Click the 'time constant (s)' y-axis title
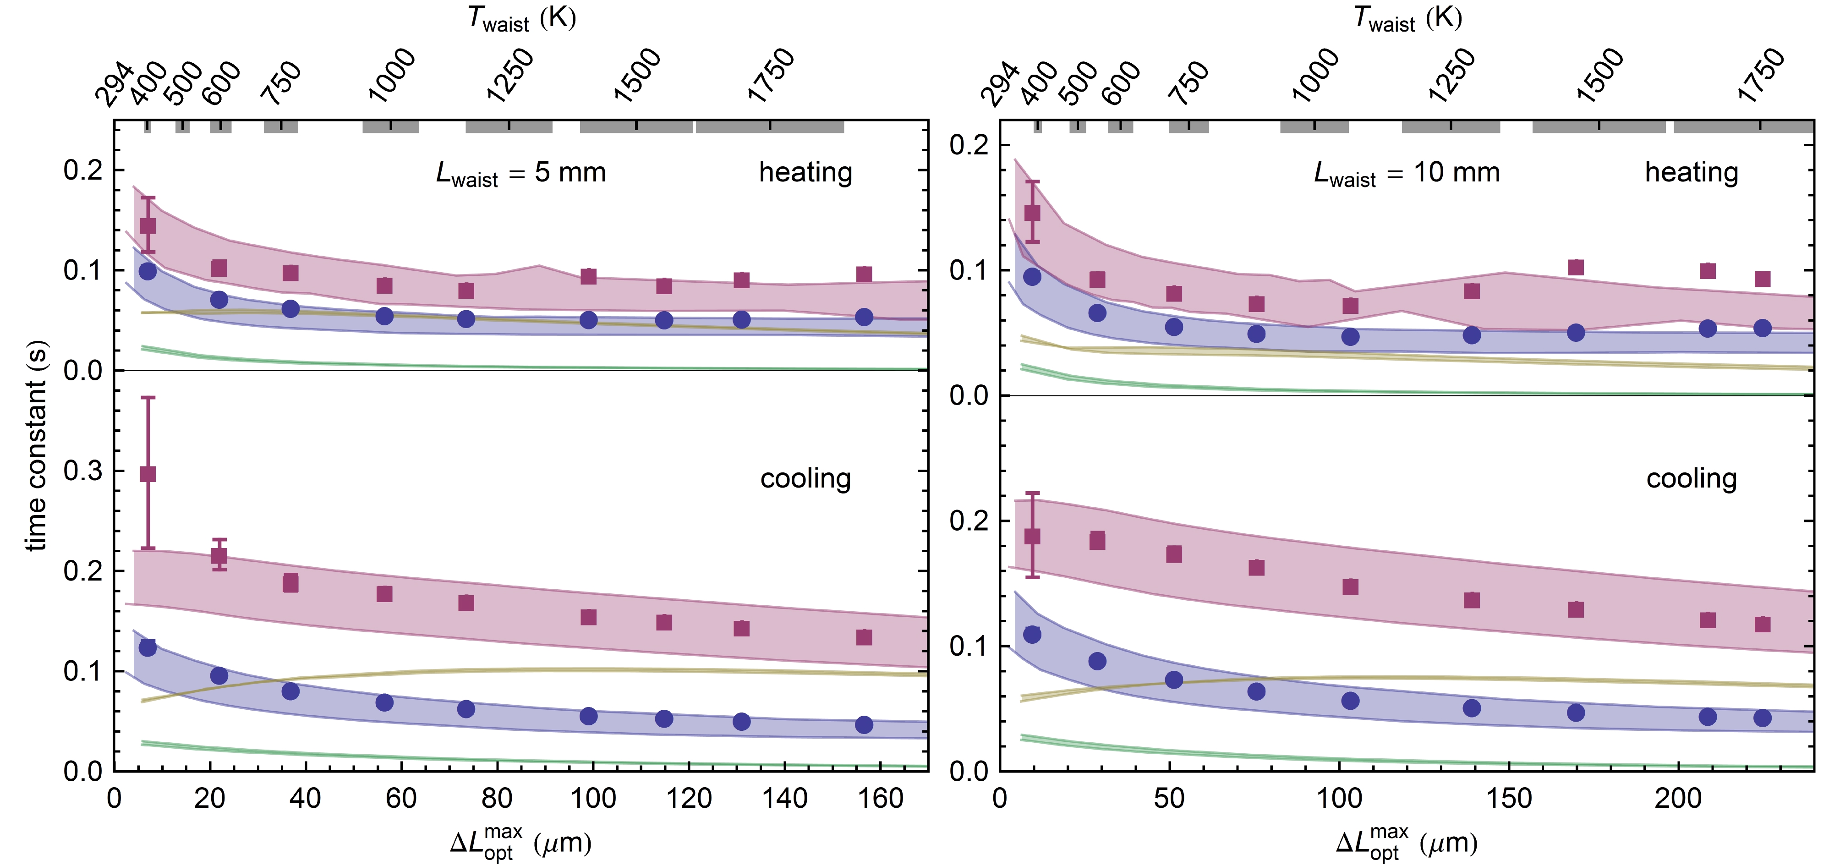tap(36, 444)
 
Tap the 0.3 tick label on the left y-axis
tap(83, 471)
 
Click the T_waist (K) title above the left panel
tap(521, 19)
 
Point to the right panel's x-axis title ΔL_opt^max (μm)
tap(1407, 843)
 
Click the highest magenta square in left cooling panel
tap(148, 474)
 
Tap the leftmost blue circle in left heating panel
tap(148, 271)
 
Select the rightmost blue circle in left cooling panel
tap(864, 724)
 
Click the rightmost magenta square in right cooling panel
tap(1762, 624)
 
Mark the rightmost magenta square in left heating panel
tap(864, 274)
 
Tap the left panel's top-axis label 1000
tap(391, 75)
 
